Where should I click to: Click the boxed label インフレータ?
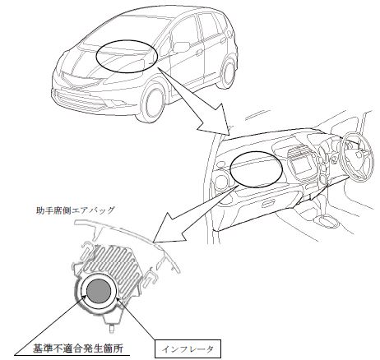click(x=188, y=349)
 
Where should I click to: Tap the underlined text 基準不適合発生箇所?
click(x=78, y=348)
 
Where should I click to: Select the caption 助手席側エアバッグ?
click(x=75, y=210)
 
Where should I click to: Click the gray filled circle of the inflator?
click(x=99, y=292)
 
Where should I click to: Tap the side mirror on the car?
click(x=181, y=47)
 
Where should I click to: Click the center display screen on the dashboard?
click(x=303, y=166)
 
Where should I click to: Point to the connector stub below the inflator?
click(x=112, y=323)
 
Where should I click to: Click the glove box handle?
click(x=268, y=204)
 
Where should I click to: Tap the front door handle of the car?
click(x=200, y=52)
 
